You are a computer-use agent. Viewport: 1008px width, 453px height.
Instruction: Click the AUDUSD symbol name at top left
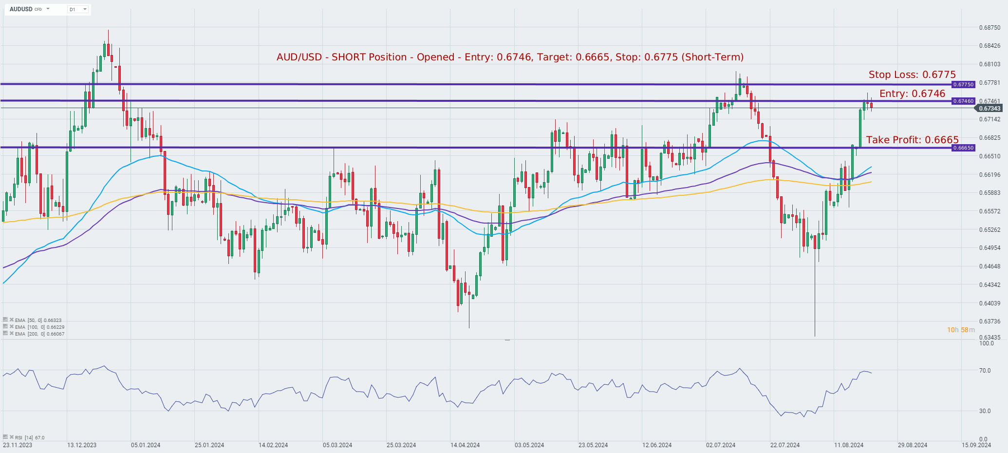tap(21, 9)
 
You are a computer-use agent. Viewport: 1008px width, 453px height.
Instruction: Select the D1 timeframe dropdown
tap(77, 9)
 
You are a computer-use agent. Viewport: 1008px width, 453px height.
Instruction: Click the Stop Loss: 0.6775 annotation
tap(912, 75)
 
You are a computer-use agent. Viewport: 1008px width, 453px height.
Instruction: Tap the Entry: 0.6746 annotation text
tap(912, 94)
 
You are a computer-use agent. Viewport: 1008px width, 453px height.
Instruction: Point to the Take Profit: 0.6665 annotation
tap(912, 140)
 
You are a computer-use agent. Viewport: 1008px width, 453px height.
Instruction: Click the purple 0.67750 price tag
tap(963, 84)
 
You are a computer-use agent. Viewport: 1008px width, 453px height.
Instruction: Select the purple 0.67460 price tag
tap(963, 101)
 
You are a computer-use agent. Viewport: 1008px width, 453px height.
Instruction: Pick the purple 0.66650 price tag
tap(963, 148)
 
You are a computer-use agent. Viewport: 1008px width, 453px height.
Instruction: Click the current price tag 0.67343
tap(989, 109)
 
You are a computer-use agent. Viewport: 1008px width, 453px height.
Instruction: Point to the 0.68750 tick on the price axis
tap(989, 28)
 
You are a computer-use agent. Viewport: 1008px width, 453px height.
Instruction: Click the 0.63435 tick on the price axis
tap(989, 337)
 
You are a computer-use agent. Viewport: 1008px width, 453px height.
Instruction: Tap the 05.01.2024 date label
tap(146, 445)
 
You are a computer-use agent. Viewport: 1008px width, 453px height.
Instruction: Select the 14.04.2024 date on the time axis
tap(465, 445)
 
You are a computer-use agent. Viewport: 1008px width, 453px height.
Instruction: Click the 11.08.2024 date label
tap(849, 445)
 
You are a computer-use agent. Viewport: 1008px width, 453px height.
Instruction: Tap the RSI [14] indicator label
tap(29, 437)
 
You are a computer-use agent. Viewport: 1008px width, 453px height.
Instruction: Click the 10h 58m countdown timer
tap(961, 330)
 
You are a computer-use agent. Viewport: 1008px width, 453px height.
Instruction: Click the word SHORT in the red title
tap(345, 57)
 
